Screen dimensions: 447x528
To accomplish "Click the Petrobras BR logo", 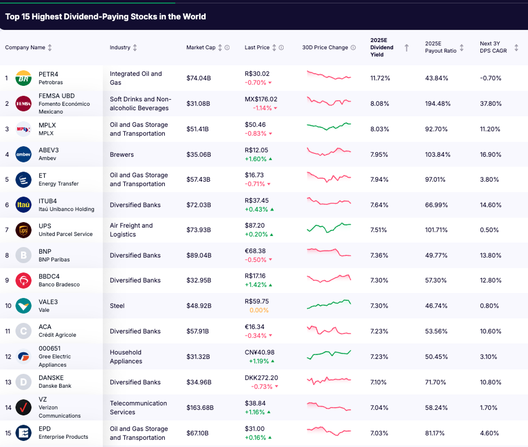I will [x=23, y=78].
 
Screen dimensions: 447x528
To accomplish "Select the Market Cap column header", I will [x=201, y=48].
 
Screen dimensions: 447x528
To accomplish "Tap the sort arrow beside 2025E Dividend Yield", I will [x=406, y=48].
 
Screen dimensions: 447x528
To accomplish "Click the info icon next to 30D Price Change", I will [x=353, y=48].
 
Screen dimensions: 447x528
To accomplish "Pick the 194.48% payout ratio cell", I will [x=438, y=104].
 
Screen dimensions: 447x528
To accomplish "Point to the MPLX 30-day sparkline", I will [x=328, y=126].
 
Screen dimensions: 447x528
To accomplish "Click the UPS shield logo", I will [x=23, y=230].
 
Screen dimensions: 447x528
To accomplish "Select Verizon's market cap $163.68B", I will [x=200, y=408].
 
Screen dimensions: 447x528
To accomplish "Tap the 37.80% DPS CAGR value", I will [x=490, y=104].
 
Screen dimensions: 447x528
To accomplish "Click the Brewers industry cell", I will [x=122, y=155].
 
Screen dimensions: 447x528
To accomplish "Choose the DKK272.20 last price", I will [x=262, y=378].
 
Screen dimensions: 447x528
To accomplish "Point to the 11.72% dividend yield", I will [x=380, y=78].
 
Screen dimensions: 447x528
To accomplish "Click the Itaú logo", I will [x=23, y=205].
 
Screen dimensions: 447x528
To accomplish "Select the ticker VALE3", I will [x=48, y=302].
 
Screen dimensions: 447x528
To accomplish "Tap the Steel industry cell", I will [x=117, y=306].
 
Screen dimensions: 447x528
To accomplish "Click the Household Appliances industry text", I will [x=126, y=357].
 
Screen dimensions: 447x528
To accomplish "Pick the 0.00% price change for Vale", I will [x=259, y=310].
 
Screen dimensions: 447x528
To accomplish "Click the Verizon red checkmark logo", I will [x=23, y=408].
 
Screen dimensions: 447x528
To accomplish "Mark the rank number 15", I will [x=7, y=433].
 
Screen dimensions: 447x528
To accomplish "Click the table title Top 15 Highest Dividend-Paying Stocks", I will [x=106, y=17].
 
